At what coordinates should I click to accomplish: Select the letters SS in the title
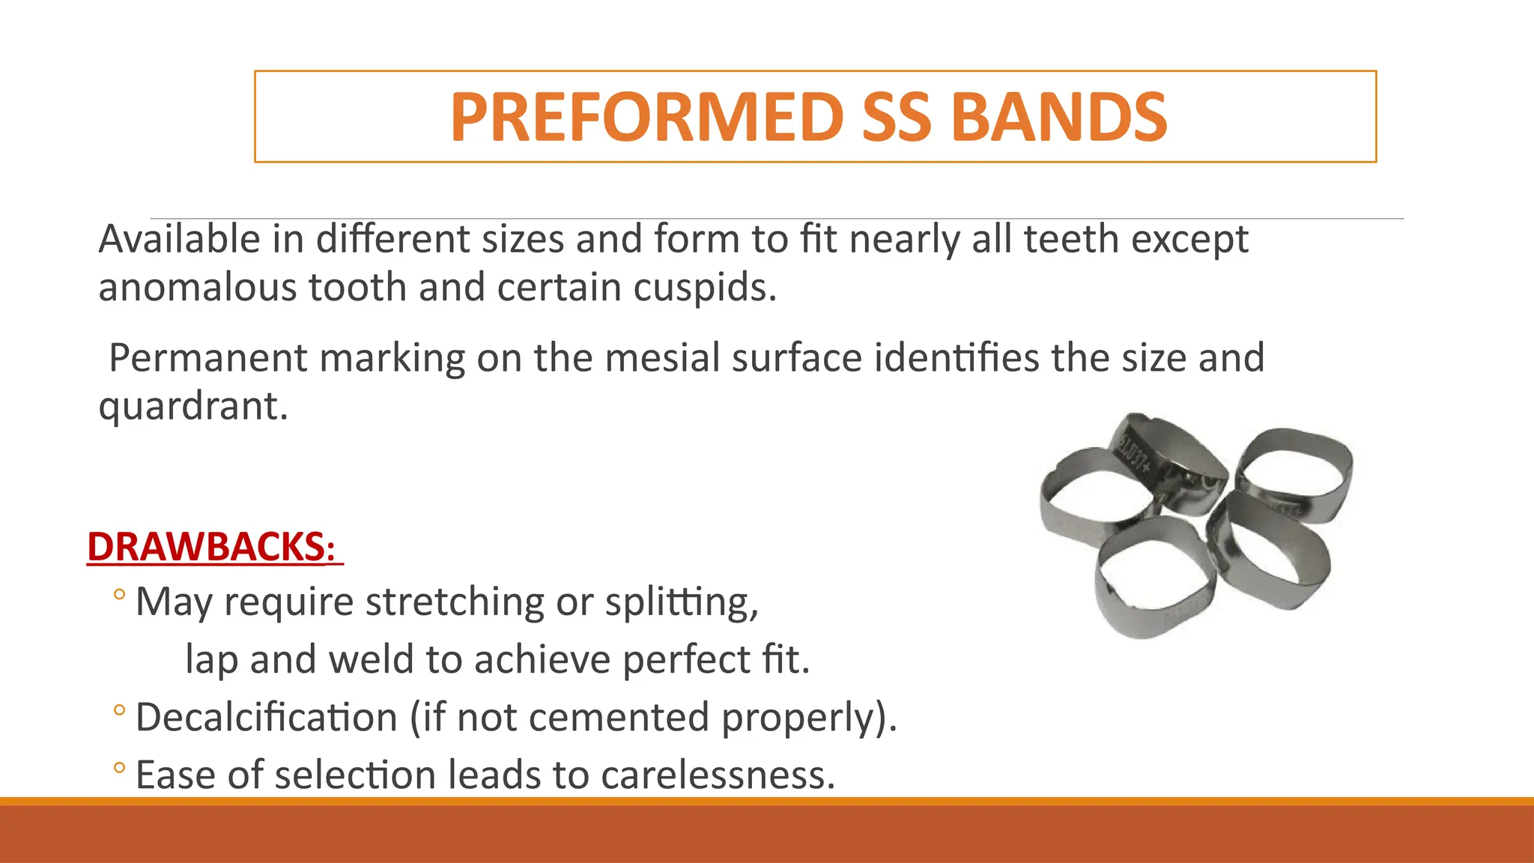click(x=897, y=117)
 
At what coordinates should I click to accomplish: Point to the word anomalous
click(x=198, y=288)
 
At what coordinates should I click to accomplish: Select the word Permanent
click(x=207, y=358)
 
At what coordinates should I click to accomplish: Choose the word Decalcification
click(x=267, y=718)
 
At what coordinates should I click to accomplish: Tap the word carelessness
click(x=718, y=775)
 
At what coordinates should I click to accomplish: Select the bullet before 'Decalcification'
click(x=119, y=709)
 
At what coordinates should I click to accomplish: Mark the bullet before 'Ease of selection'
click(x=119, y=767)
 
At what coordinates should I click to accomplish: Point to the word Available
click(x=179, y=240)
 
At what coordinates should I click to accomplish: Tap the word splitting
click(x=682, y=602)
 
